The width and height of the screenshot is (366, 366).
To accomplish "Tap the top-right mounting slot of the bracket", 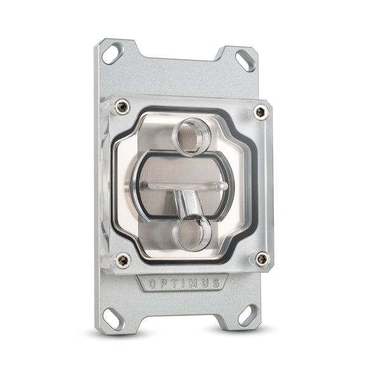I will pyautogui.click(x=246, y=59).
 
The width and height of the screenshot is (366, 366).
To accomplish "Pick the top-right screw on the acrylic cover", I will pyautogui.click(x=260, y=112).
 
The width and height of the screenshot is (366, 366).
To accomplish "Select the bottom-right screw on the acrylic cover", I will pyautogui.click(x=262, y=259).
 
